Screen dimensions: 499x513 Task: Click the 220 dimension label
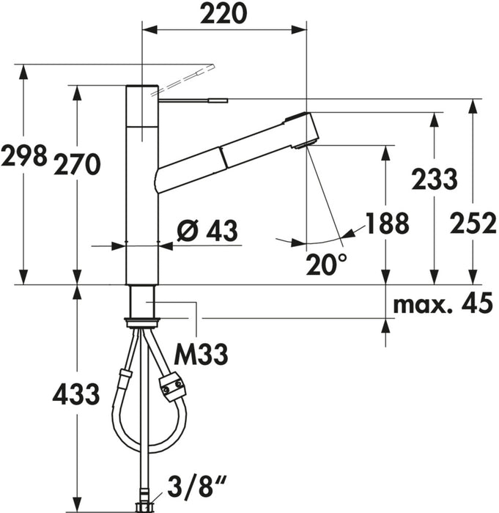(x=223, y=13)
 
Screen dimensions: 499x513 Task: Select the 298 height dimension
(x=23, y=155)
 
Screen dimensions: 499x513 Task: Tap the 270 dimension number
(x=77, y=164)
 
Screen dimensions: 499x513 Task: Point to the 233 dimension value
(x=435, y=179)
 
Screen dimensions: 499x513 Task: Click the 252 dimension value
(x=473, y=223)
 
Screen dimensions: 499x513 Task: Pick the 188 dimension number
(x=387, y=223)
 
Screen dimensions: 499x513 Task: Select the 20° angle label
(x=326, y=264)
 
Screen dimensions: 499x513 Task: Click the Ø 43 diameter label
(x=207, y=230)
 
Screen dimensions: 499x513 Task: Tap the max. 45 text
(x=443, y=303)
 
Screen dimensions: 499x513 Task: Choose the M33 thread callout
(x=201, y=354)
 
